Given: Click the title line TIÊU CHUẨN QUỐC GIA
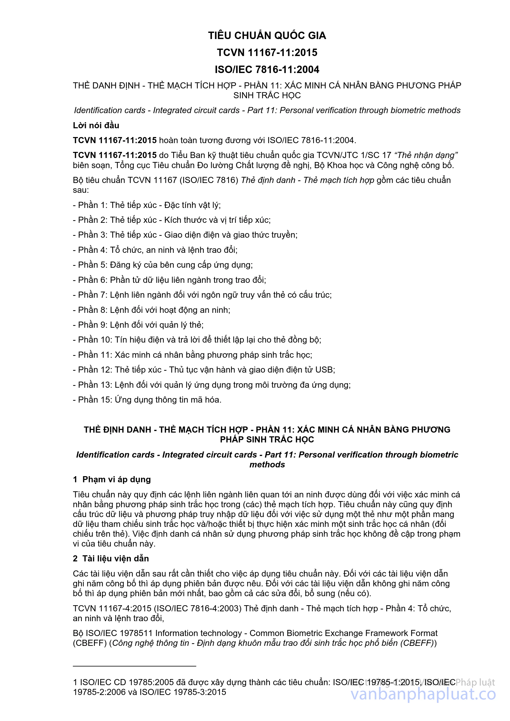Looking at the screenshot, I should click(267, 36).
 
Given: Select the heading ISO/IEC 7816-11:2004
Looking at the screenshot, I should click(267, 69).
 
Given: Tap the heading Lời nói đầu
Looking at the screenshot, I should click(96, 126).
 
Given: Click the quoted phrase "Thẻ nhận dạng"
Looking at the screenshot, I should click(426, 155).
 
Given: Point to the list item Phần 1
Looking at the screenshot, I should click(147, 205).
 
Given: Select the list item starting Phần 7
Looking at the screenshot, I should click(202, 295).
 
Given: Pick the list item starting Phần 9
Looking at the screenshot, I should click(138, 325).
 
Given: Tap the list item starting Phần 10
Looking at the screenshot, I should click(197, 340).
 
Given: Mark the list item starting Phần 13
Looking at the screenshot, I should click(212, 385).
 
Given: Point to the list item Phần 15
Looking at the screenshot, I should click(147, 400).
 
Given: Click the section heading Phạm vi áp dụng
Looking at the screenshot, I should click(117, 480).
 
